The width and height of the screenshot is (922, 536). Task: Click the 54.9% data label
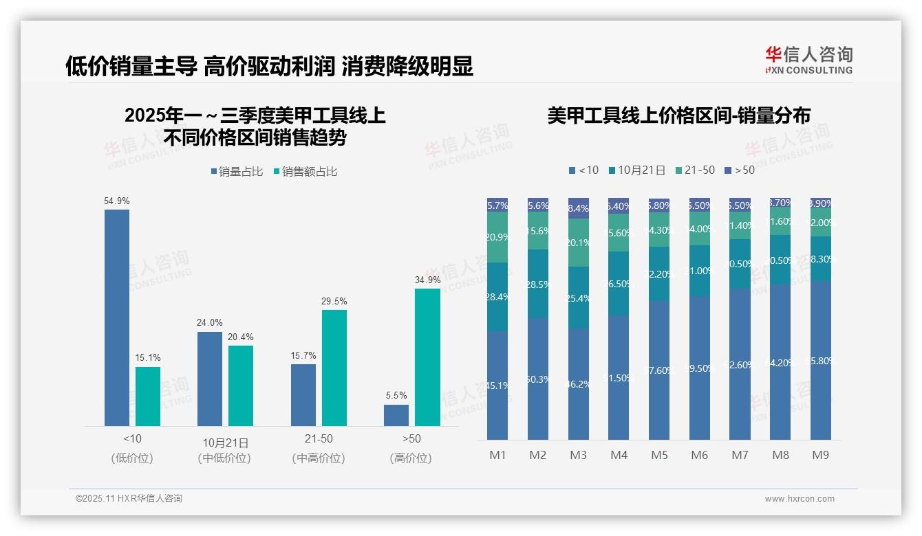pos(116,201)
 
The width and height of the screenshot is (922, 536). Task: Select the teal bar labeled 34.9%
pos(427,357)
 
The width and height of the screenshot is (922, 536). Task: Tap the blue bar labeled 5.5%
pos(396,415)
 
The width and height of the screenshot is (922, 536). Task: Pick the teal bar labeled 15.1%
pos(148,397)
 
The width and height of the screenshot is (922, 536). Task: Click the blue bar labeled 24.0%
pos(210,379)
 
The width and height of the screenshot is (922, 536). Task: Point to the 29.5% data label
pos(334,301)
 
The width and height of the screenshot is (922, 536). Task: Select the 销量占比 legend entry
pos(237,172)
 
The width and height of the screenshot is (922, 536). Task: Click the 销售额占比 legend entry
pos(305,172)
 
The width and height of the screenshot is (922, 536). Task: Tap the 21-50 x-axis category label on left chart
pos(318,438)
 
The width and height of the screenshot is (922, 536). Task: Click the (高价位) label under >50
pos(411,458)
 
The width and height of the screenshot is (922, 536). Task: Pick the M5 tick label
pos(659,455)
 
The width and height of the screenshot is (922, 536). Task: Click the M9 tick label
pos(821,455)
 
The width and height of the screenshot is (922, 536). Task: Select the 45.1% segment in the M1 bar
pos(497,386)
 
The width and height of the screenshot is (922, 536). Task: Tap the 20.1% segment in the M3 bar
pos(579,243)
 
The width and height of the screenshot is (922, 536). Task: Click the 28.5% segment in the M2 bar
pos(538,284)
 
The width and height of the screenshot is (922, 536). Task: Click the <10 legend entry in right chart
pos(583,170)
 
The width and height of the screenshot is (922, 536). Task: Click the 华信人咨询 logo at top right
pos(808,60)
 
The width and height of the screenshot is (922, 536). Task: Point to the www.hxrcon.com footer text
pos(799,499)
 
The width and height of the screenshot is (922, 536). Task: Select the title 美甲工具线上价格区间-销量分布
pos(678,115)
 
